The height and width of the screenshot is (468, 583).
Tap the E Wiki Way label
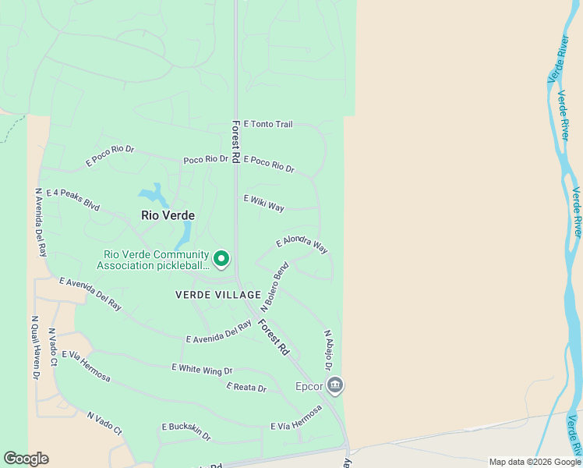point(263,203)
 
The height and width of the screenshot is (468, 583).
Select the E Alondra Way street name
point(302,245)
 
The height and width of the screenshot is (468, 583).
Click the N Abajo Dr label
point(329,350)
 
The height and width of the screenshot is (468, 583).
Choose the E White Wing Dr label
point(202,369)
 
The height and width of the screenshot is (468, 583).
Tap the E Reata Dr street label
point(246,387)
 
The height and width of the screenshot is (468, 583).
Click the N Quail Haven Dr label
point(35,347)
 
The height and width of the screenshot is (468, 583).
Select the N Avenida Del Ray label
point(40,222)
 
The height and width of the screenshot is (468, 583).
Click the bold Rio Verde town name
point(168,215)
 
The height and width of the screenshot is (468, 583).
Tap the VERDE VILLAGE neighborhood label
point(218,295)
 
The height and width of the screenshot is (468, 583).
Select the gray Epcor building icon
point(335,385)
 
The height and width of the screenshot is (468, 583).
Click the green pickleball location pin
point(221,257)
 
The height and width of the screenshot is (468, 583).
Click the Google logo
point(26,459)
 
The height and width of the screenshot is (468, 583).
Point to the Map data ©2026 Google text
point(534,462)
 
